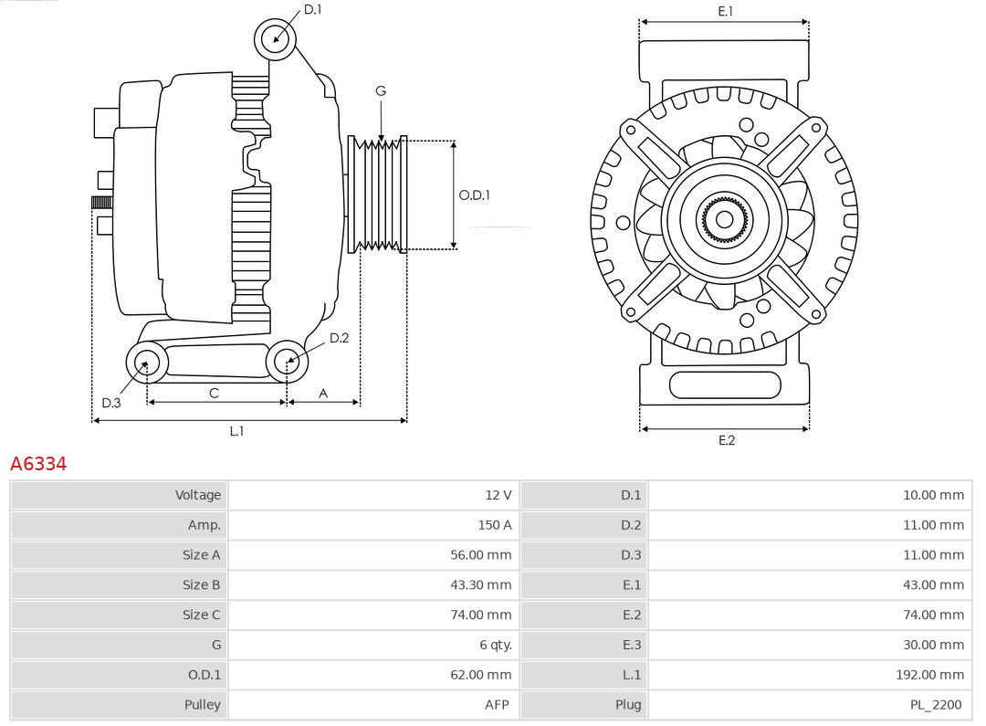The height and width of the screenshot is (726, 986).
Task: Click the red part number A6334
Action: (38, 464)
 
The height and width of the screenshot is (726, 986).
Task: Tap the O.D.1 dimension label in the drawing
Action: (474, 195)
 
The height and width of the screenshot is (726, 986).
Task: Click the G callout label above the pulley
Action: (381, 90)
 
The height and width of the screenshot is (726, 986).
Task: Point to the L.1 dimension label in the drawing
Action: (236, 431)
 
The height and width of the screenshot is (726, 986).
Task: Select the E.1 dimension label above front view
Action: (725, 11)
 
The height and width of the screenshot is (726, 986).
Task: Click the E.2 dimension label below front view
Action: (726, 440)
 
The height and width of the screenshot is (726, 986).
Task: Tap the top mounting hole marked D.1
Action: (275, 38)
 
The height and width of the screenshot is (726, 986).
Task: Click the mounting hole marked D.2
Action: (287, 363)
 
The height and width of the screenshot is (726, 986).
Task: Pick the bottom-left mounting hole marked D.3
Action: (145, 363)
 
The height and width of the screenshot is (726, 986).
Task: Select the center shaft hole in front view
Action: (724, 219)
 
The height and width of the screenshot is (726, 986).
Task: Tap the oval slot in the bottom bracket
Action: (725, 384)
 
